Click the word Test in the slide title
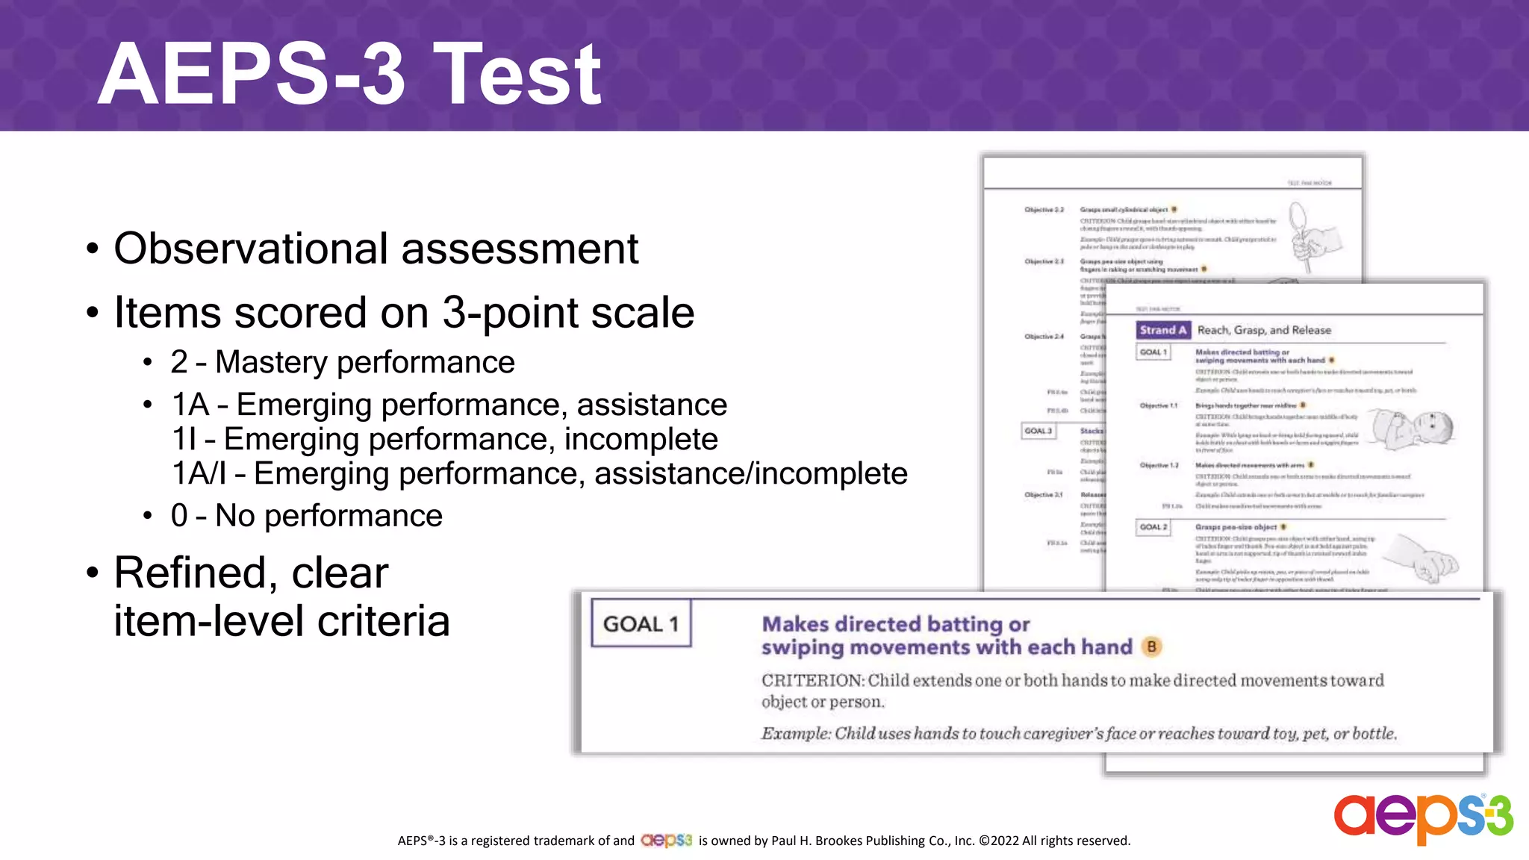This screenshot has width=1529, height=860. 517,75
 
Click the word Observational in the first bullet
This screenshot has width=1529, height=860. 252,249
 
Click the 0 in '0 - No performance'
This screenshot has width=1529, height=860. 179,516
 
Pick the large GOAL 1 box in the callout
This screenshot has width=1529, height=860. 641,623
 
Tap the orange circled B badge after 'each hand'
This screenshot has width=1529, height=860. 1151,647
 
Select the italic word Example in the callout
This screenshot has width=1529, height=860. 795,734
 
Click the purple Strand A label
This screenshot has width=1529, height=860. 1162,330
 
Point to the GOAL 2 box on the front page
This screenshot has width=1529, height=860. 1153,527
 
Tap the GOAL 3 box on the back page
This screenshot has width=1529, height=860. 1038,431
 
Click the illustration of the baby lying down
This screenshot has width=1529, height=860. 1413,429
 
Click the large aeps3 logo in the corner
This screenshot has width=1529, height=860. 1423,817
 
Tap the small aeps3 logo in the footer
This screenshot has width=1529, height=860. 666,841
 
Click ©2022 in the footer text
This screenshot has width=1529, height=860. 998,841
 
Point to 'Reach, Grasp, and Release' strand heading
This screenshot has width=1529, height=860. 1264,330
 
